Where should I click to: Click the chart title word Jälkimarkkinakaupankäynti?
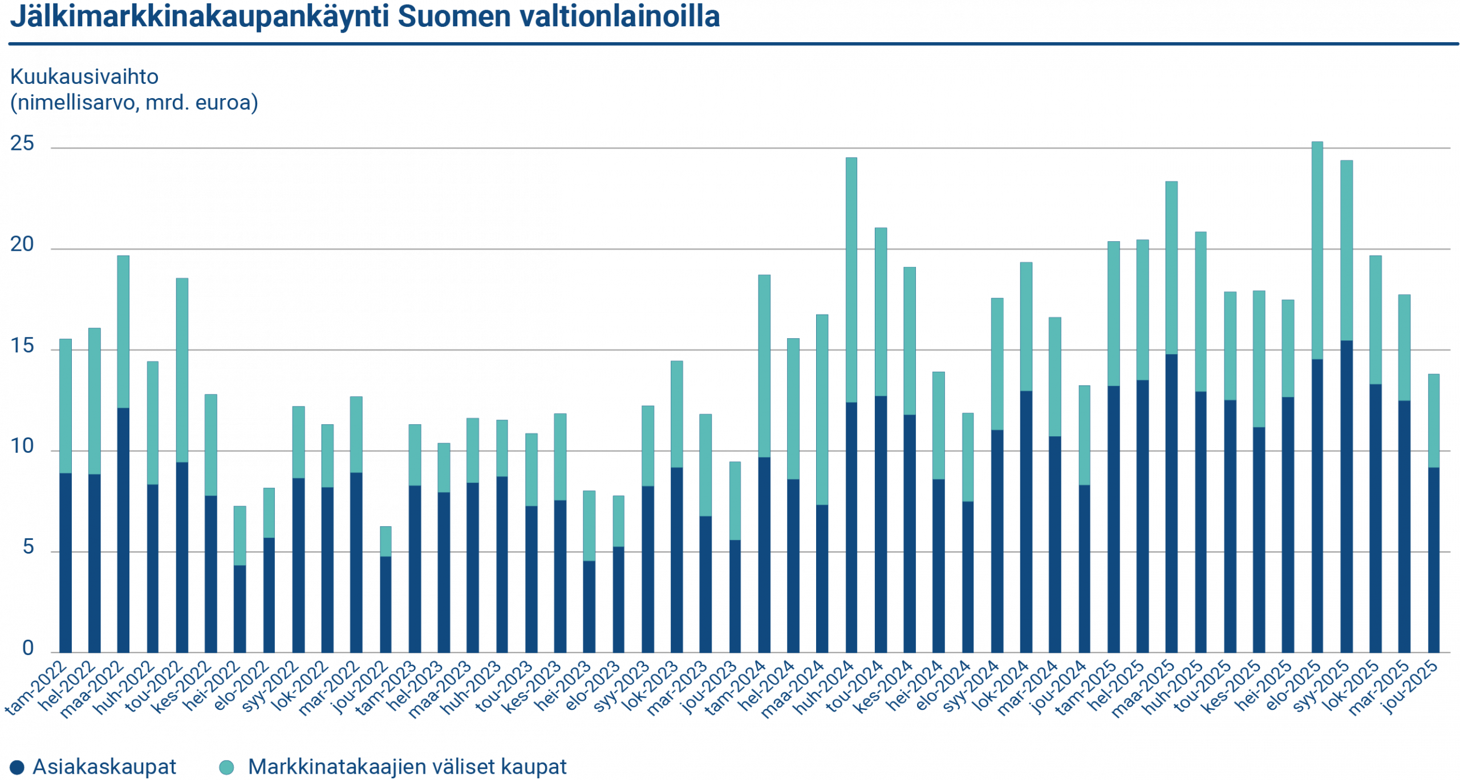click(200, 17)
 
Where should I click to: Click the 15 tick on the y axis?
click(23, 347)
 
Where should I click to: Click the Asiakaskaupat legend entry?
click(94, 767)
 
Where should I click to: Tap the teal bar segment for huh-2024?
click(851, 279)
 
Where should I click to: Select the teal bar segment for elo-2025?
click(1317, 251)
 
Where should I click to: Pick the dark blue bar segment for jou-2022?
click(386, 604)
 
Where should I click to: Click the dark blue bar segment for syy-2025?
click(1347, 496)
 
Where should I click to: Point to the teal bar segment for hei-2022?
click(240, 536)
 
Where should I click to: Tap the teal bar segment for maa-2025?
click(1171, 268)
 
